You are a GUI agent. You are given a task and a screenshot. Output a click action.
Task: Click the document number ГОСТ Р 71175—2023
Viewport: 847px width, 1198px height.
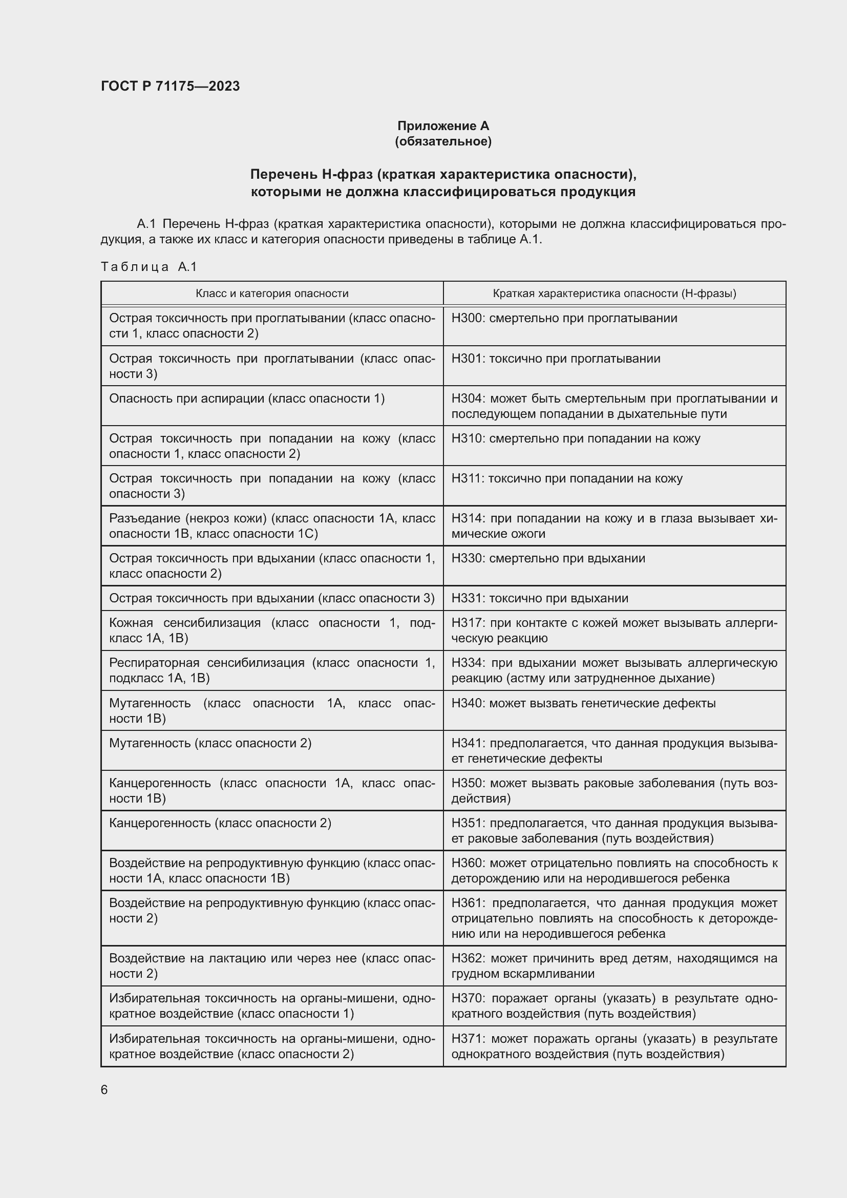pyautogui.click(x=170, y=86)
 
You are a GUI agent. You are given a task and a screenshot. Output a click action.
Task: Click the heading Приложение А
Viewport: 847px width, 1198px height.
pyautogui.click(x=443, y=126)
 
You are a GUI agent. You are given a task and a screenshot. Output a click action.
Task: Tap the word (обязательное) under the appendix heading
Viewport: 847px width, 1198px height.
pyautogui.click(x=443, y=141)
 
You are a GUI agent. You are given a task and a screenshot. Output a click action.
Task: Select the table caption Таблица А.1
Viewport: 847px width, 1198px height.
pyautogui.click(x=149, y=267)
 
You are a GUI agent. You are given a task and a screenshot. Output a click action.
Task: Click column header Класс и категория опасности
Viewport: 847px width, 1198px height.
pyautogui.click(x=272, y=293)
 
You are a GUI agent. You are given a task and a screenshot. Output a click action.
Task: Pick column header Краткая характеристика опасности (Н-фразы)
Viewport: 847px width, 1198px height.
pyautogui.click(x=614, y=293)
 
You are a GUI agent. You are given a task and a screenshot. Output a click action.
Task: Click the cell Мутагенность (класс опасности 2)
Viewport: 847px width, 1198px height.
pyautogui.click(x=210, y=743)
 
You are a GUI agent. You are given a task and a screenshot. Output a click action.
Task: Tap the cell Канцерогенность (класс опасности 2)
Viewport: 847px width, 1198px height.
pyautogui.click(x=220, y=824)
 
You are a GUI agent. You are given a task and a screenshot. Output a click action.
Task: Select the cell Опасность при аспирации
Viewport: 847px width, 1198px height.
pyautogui.click(x=247, y=398)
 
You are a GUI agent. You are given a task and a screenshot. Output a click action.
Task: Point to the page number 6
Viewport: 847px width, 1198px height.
pyautogui.click(x=104, y=1090)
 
